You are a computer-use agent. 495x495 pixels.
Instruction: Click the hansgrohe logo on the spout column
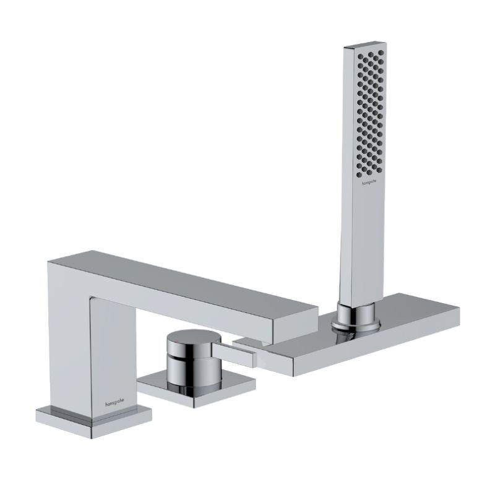point(114,403)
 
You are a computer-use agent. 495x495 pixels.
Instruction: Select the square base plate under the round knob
point(196,388)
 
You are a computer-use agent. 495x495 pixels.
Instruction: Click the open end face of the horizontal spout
point(295,326)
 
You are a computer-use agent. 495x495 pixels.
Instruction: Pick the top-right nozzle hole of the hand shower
point(381,53)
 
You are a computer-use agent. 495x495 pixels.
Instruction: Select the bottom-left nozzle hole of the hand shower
point(359,174)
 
